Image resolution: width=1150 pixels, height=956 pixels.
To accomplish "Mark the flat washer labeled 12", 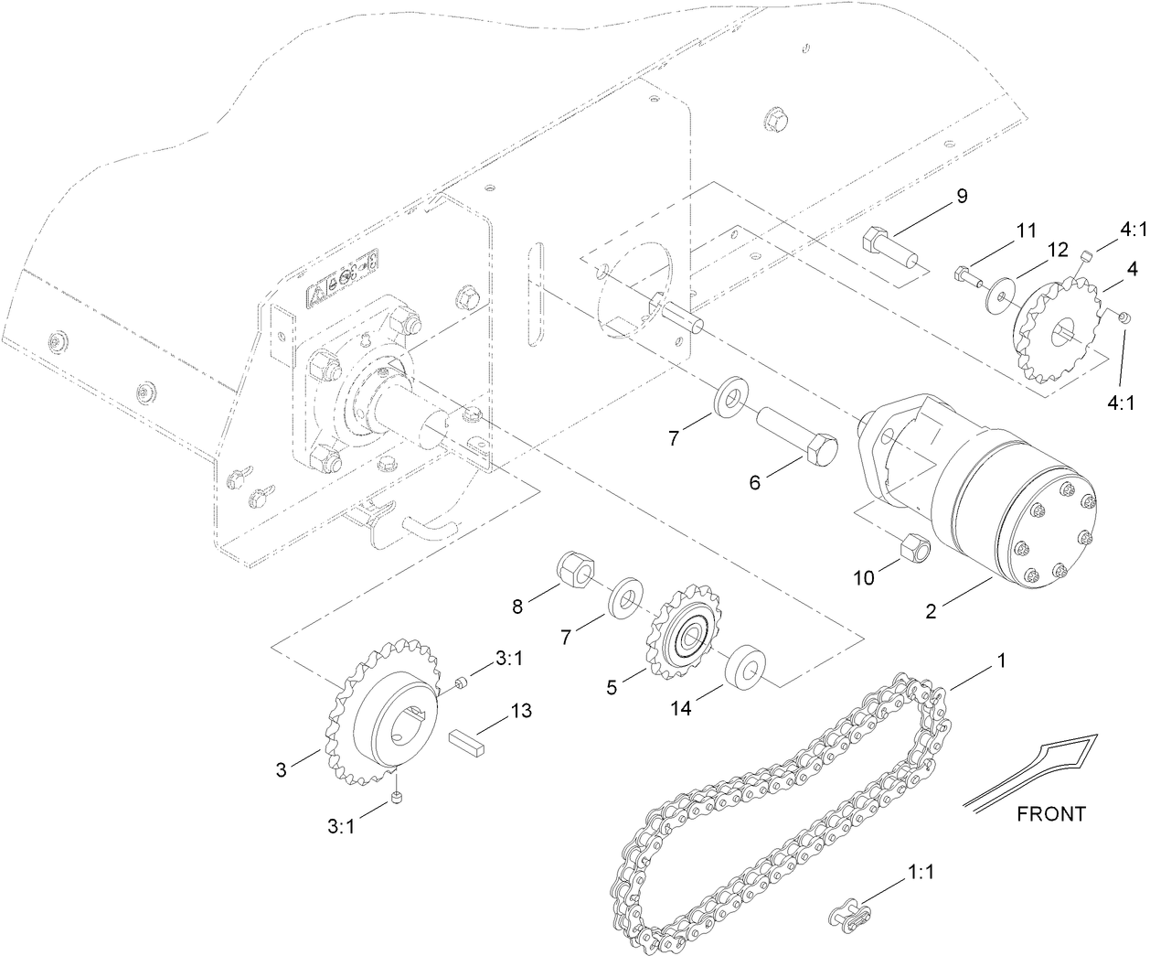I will pyautogui.click(x=1003, y=295).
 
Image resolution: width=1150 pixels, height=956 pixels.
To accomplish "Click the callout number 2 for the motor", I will pyautogui.click(x=931, y=613).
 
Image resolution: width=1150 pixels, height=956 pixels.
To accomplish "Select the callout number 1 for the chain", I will pyautogui.click(x=1001, y=660).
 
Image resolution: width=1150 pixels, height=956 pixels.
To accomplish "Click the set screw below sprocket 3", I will pyautogui.click(x=398, y=799).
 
